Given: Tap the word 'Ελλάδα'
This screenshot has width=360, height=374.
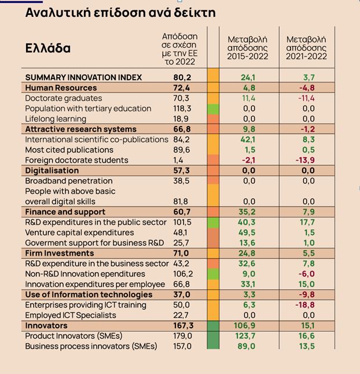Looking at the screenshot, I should (48, 48).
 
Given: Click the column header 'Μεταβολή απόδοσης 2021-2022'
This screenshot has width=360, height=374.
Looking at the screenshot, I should (307, 47).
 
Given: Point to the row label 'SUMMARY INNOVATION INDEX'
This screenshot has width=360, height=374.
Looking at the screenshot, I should (83, 77).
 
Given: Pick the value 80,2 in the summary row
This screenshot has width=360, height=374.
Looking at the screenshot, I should (183, 77).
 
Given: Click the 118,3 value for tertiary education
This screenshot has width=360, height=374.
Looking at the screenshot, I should (183, 108).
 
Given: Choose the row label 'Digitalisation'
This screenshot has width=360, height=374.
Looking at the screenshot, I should (52, 171).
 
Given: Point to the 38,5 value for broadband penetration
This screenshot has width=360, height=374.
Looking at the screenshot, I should (183, 181).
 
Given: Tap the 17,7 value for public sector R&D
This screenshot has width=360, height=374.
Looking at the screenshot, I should (307, 222).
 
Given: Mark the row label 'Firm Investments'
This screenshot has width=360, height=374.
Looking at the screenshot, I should (59, 253).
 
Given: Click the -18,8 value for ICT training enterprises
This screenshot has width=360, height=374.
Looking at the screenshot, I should (307, 305).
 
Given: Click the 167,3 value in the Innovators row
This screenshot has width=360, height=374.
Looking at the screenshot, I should (183, 325).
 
